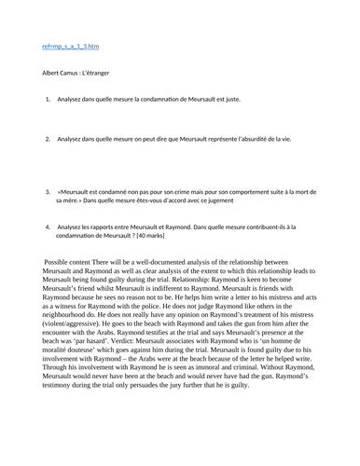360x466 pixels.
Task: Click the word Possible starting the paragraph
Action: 62,264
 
